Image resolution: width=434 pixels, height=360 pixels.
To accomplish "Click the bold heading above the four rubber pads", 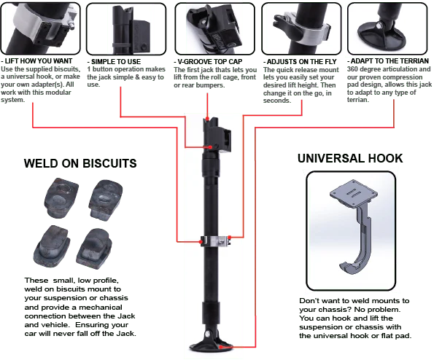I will tap(81, 163).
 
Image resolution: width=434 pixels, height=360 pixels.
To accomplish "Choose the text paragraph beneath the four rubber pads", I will tap(81, 305).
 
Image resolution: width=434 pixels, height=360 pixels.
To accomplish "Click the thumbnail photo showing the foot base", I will tap(386, 29).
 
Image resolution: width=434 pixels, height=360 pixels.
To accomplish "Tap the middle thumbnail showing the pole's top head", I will tap(212, 29).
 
